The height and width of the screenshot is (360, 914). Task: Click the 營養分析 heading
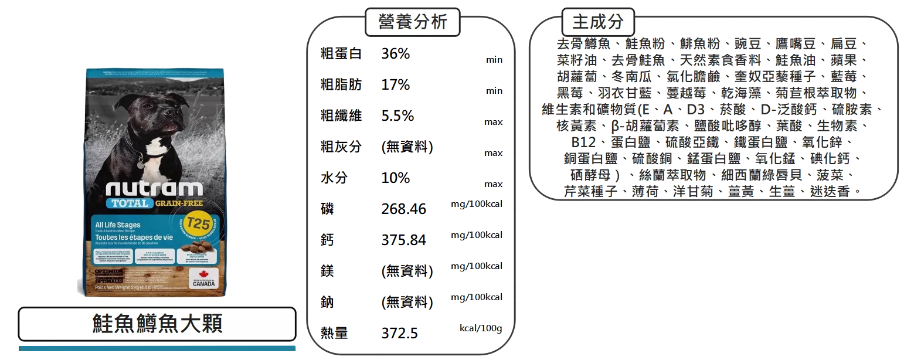pyautogui.click(x=412, y=22)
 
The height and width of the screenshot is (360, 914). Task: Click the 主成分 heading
pyautogui.click(x=598, y=22)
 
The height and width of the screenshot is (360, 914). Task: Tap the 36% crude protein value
pyautogui.click(x=396, y=54)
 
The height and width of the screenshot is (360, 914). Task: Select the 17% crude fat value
pyautogui.click(x=396, y=85)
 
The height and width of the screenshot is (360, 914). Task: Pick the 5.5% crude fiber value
pyautogui.click(x=397, y=116)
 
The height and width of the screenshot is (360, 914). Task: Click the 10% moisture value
pyautogui.click(x=396, y=178)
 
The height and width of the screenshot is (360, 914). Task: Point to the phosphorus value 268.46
pyautogui.click(x=403, y=209)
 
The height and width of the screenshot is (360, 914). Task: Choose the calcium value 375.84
pyautogui.click(x=403, y=240)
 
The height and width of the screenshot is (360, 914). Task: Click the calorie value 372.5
pyautogui.click(x=399, y=334)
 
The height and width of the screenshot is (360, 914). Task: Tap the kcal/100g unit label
pyautogui.click(x=480, y=328)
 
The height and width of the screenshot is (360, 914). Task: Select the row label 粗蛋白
pyautogui.click(x=340, y=54)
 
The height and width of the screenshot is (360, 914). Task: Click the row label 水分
pyautogui.click(x=332, y=178)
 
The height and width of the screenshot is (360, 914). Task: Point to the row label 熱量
pyautogui.click(x=334, y=334)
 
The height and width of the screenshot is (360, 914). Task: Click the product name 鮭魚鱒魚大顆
pyautogui.click(x=157, y=323)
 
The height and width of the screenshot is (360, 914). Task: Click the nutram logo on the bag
pyautogui.click(x=154, y=188)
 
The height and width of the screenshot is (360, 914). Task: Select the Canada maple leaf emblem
pyautogui.click(x=203, y=275)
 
